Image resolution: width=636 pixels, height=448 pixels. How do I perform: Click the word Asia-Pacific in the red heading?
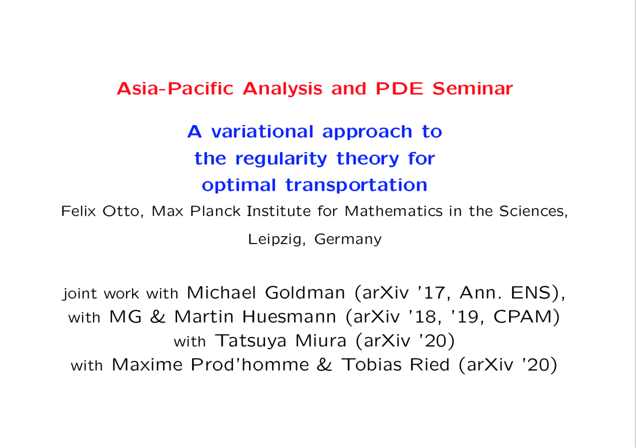[175, 88]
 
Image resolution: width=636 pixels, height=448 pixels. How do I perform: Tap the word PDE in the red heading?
[399, 88]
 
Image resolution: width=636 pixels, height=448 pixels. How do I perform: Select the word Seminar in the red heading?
[472, 88]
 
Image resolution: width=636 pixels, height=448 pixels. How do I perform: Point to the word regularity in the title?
[281, 159]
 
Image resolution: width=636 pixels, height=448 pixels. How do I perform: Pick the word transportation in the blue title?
[356, 185]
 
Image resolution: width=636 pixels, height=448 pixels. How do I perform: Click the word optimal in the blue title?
[239, 185]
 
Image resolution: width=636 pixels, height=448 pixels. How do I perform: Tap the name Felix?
[78, 211]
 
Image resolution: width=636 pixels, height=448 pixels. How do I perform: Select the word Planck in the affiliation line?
[215, 211]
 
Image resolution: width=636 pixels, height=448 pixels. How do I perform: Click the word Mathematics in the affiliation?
[393, 211]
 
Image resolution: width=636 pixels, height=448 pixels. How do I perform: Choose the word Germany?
[348, 239]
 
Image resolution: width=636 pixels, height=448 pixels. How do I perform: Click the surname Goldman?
[305, 292]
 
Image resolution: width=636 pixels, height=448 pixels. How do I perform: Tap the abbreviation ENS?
[530, 292]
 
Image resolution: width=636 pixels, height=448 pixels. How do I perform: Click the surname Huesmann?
[289, 316]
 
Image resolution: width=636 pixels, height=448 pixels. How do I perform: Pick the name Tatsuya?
[250, 341]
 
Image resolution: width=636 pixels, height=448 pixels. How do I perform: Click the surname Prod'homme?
[250, 364]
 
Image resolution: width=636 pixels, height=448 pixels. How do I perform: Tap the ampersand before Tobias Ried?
[324, 364]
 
